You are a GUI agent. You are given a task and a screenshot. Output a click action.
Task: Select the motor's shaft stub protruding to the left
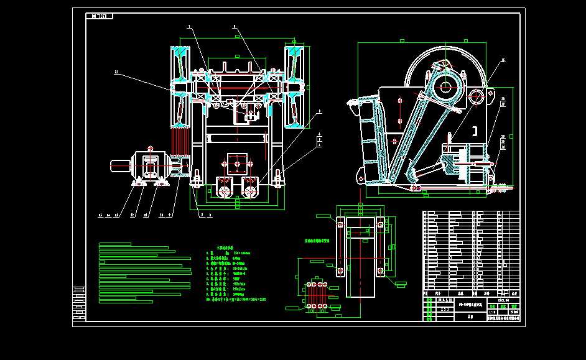pos(120,165)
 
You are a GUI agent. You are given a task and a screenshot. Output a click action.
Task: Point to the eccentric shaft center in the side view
pos(445,85)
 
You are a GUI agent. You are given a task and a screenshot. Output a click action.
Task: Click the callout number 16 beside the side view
pos(503,61)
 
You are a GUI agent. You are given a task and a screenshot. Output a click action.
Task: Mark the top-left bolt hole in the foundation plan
pos(340,221)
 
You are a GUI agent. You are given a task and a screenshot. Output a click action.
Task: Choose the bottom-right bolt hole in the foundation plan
pos(379,271)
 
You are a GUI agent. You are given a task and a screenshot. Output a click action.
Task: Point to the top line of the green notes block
pos(115,244)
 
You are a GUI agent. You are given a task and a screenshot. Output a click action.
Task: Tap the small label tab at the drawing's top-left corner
pos(100,16)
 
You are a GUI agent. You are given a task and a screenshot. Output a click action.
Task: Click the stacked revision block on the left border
pos(78,303)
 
